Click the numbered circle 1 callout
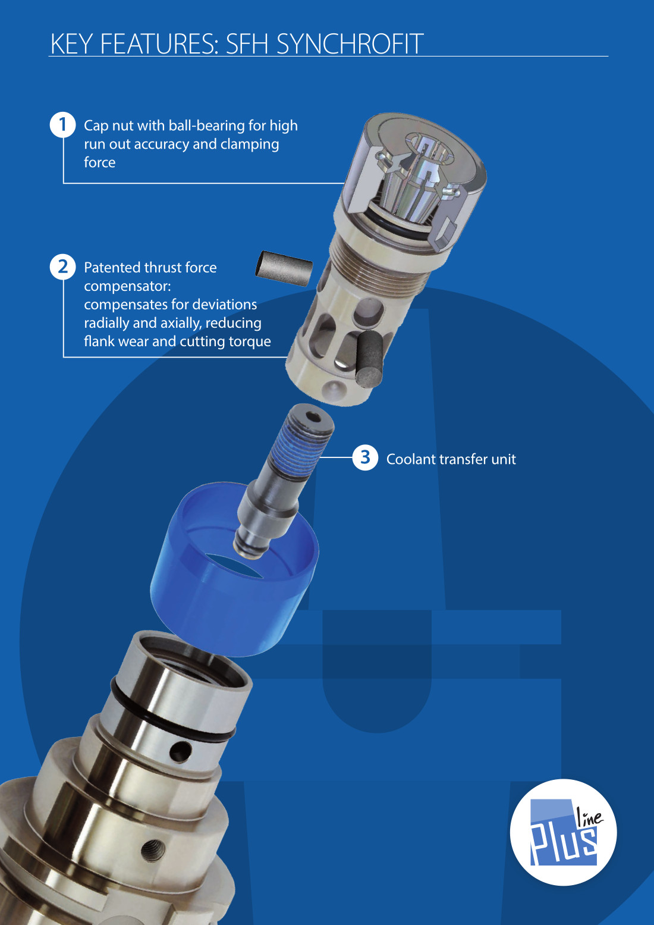pos(62,124)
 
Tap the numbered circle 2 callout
pos(62,266)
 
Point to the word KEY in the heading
pos(71,43)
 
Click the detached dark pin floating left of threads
pos(284,268)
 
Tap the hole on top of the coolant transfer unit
pos(315,418)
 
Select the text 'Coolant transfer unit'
pos(451,459)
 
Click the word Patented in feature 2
pos(111,267)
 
